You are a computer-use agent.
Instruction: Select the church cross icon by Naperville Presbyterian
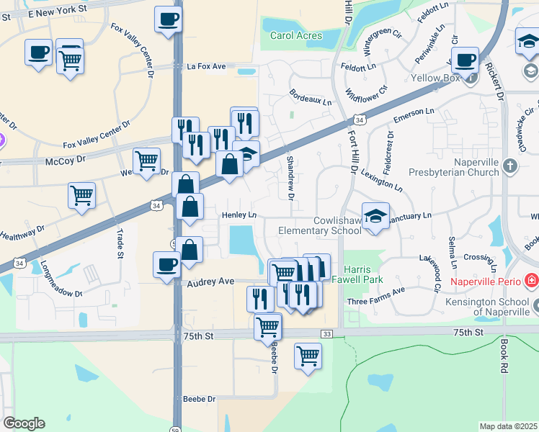click(510, 167)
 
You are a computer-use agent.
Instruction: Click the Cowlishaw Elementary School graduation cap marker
click(375, 216)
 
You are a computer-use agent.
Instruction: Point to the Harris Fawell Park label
click(363, 274)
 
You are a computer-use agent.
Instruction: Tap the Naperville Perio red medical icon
click(532, 279)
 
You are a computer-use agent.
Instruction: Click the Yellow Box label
click(436, 77)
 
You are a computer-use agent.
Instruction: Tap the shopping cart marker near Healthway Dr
click(82, 194)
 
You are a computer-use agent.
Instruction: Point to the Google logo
click(24, 423)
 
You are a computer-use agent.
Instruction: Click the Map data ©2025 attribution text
click(508, 426)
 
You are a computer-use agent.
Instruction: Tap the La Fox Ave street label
click(206, 66)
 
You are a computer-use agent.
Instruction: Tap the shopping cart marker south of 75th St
click(308, 355)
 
